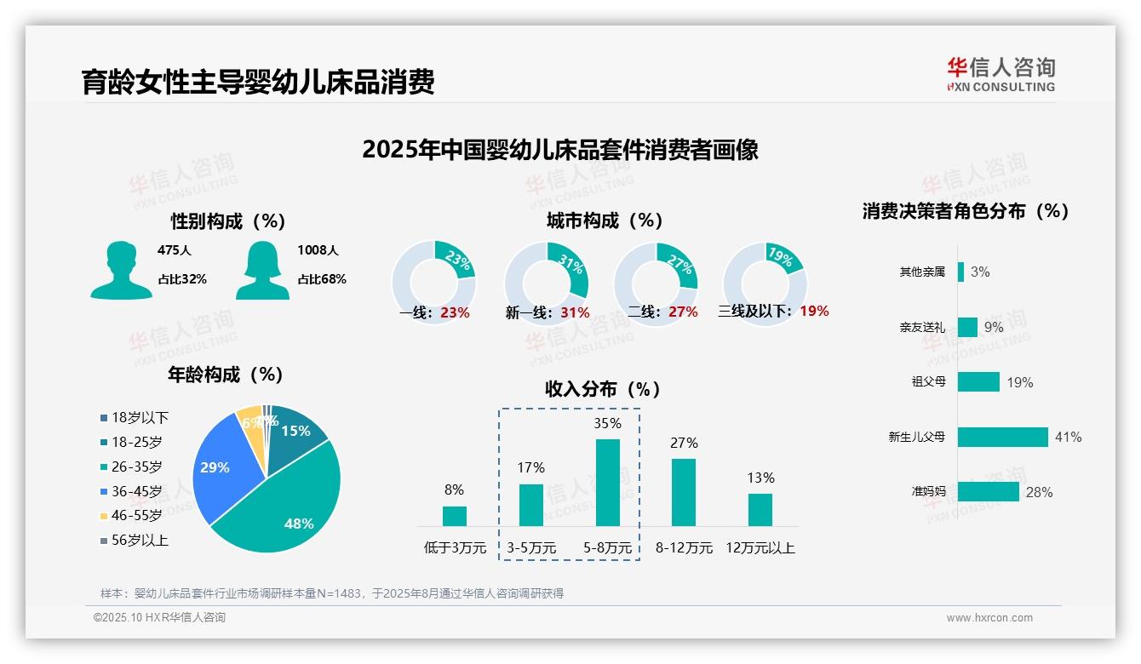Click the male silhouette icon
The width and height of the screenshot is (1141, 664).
pos(122,270)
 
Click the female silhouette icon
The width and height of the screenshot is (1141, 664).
pos(262,270)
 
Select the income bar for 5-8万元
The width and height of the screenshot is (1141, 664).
pos(607,483)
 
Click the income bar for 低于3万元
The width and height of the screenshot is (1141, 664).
pos(455,516)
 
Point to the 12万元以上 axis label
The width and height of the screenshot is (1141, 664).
pos(760,548)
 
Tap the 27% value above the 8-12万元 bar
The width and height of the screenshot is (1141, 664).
pos(684,443)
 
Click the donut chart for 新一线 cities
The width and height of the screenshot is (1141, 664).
pos(546,282)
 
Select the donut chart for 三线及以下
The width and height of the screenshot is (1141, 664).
pos(764,282)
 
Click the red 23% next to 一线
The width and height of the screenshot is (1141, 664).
pos(455,312)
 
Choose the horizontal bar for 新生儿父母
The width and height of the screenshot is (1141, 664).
pos(1002,437)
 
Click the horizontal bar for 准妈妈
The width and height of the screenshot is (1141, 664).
pos(988,491)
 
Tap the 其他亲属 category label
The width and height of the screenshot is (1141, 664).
pos(922,272)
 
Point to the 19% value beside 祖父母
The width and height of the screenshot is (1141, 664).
pos(1019,382)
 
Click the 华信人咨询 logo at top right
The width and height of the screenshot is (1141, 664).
pos(1001,74)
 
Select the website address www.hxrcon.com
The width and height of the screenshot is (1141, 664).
pos(989,618)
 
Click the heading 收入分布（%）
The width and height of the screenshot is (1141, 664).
pos(603,389)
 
